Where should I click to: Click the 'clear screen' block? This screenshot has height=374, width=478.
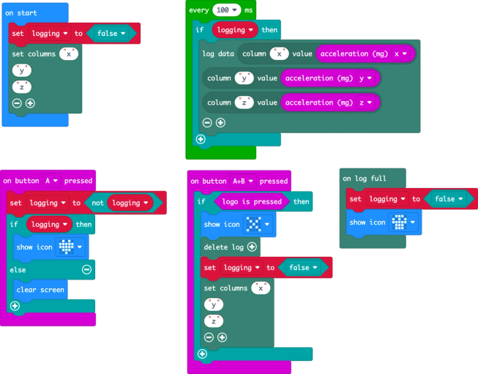42,290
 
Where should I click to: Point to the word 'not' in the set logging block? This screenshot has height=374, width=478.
97,203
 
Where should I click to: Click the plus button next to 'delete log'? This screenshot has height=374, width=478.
253,247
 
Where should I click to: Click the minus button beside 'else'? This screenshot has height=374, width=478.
87,269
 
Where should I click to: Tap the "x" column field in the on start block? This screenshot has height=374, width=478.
69,54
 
